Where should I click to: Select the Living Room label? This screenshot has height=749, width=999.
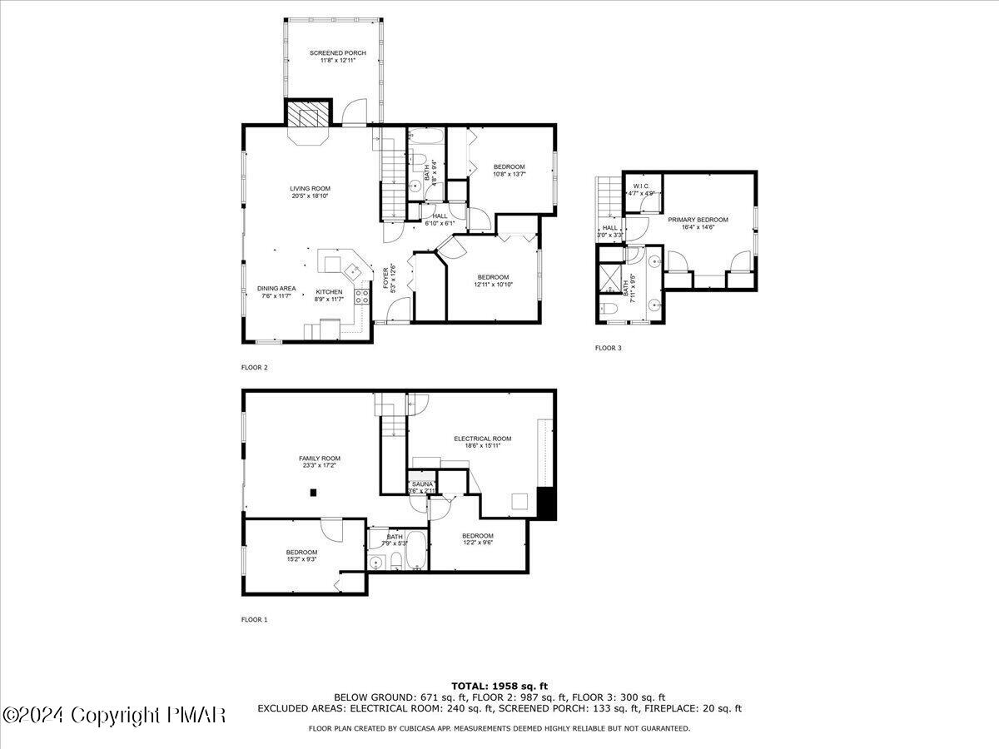coord(310,189)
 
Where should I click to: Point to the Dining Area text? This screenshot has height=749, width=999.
coord(276,289)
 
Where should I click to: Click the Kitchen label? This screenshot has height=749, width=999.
coord(329,292)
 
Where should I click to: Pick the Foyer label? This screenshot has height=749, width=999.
coord(385,277)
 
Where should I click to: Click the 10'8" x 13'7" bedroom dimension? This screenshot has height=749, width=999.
coord(509,174)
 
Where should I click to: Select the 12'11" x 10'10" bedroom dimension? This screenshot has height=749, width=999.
coord(493,285)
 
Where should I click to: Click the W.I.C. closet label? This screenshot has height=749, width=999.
coord(640,186)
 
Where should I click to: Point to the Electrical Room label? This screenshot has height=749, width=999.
coord(482,439)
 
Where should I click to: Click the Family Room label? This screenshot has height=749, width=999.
coord(320,459)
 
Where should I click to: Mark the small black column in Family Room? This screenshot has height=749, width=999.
coord(313,493)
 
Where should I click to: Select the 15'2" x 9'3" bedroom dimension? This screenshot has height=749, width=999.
coord(301,559)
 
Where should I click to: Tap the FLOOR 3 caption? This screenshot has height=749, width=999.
coord(608,348)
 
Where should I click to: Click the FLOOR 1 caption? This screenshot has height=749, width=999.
coord(255,619)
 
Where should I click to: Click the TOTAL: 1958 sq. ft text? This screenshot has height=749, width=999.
coord(499,686)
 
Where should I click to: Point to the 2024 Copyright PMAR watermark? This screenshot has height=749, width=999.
coord(114,715)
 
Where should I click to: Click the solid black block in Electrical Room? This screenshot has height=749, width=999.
coord(546,503)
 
